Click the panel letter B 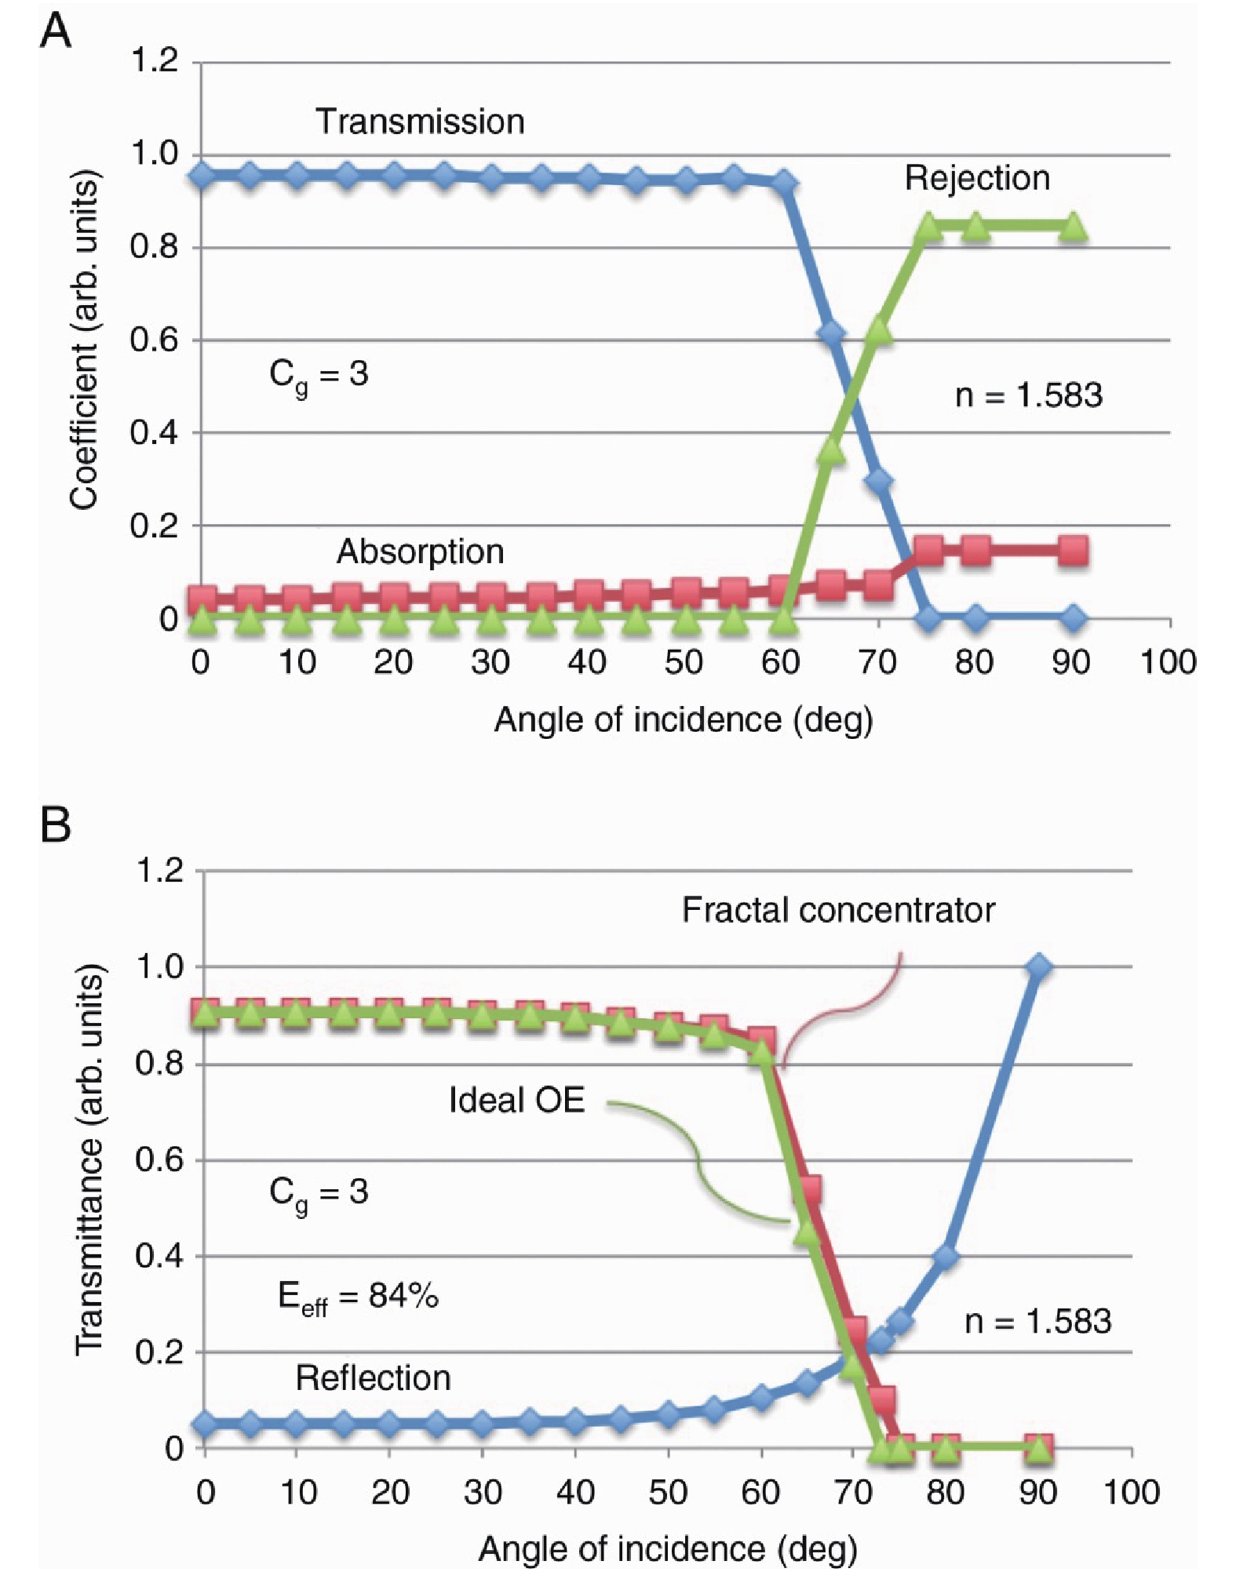point(55,825)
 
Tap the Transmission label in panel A point(420,122)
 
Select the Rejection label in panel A point(977,178)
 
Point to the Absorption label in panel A point(420,551)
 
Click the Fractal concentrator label point(838,910)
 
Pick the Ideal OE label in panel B point(516,1100)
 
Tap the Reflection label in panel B point(373,1377)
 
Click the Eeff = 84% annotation point(358,1296)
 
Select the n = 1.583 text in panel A point(1028,395)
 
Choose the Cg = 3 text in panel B point(319,1192)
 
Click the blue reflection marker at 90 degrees point(1039,966)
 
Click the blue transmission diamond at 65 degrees point(831,334)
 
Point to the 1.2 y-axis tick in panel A point(154,60)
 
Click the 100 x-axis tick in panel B point(1131,1490)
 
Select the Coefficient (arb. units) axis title point(85,340)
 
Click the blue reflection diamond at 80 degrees point(946,1257)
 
